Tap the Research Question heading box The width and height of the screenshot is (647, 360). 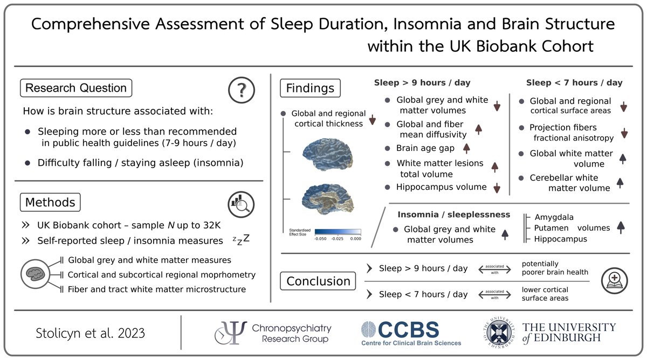click(x=76, y=88)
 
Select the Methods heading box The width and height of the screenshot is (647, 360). click(x=50, y=203)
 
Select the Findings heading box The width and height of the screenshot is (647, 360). click(x=310, y=88)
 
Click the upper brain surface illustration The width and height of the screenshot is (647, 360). click(x=327, y=153)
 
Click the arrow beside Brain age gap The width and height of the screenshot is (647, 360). click(x=466, y=148)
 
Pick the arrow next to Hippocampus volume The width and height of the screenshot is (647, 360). click(x=497, y=188)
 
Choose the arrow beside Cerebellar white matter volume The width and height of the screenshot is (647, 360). click(x=620, y=183)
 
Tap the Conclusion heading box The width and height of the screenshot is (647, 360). click(x=318, y=281)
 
